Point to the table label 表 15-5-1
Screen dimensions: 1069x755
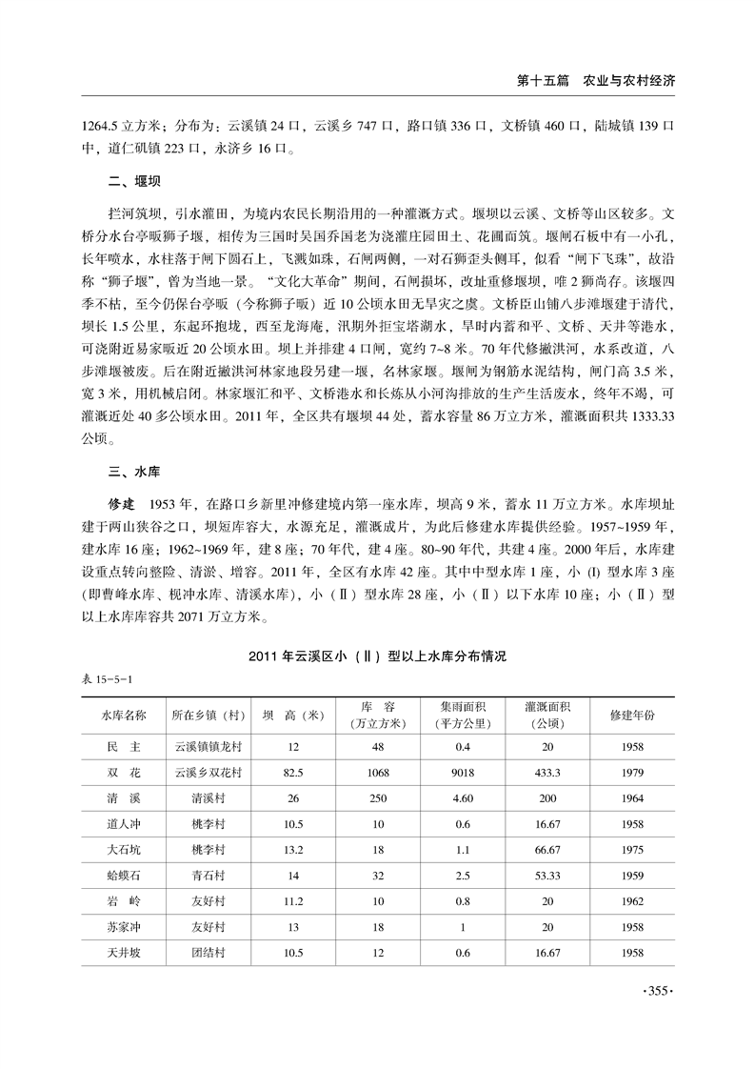coord(108,679)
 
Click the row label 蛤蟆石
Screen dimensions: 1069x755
coord(125,873)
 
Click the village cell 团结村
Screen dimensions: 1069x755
coord(207,951)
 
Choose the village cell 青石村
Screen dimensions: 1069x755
coord(207,873)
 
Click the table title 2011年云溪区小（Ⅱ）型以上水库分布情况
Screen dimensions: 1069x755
coord(379,656)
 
